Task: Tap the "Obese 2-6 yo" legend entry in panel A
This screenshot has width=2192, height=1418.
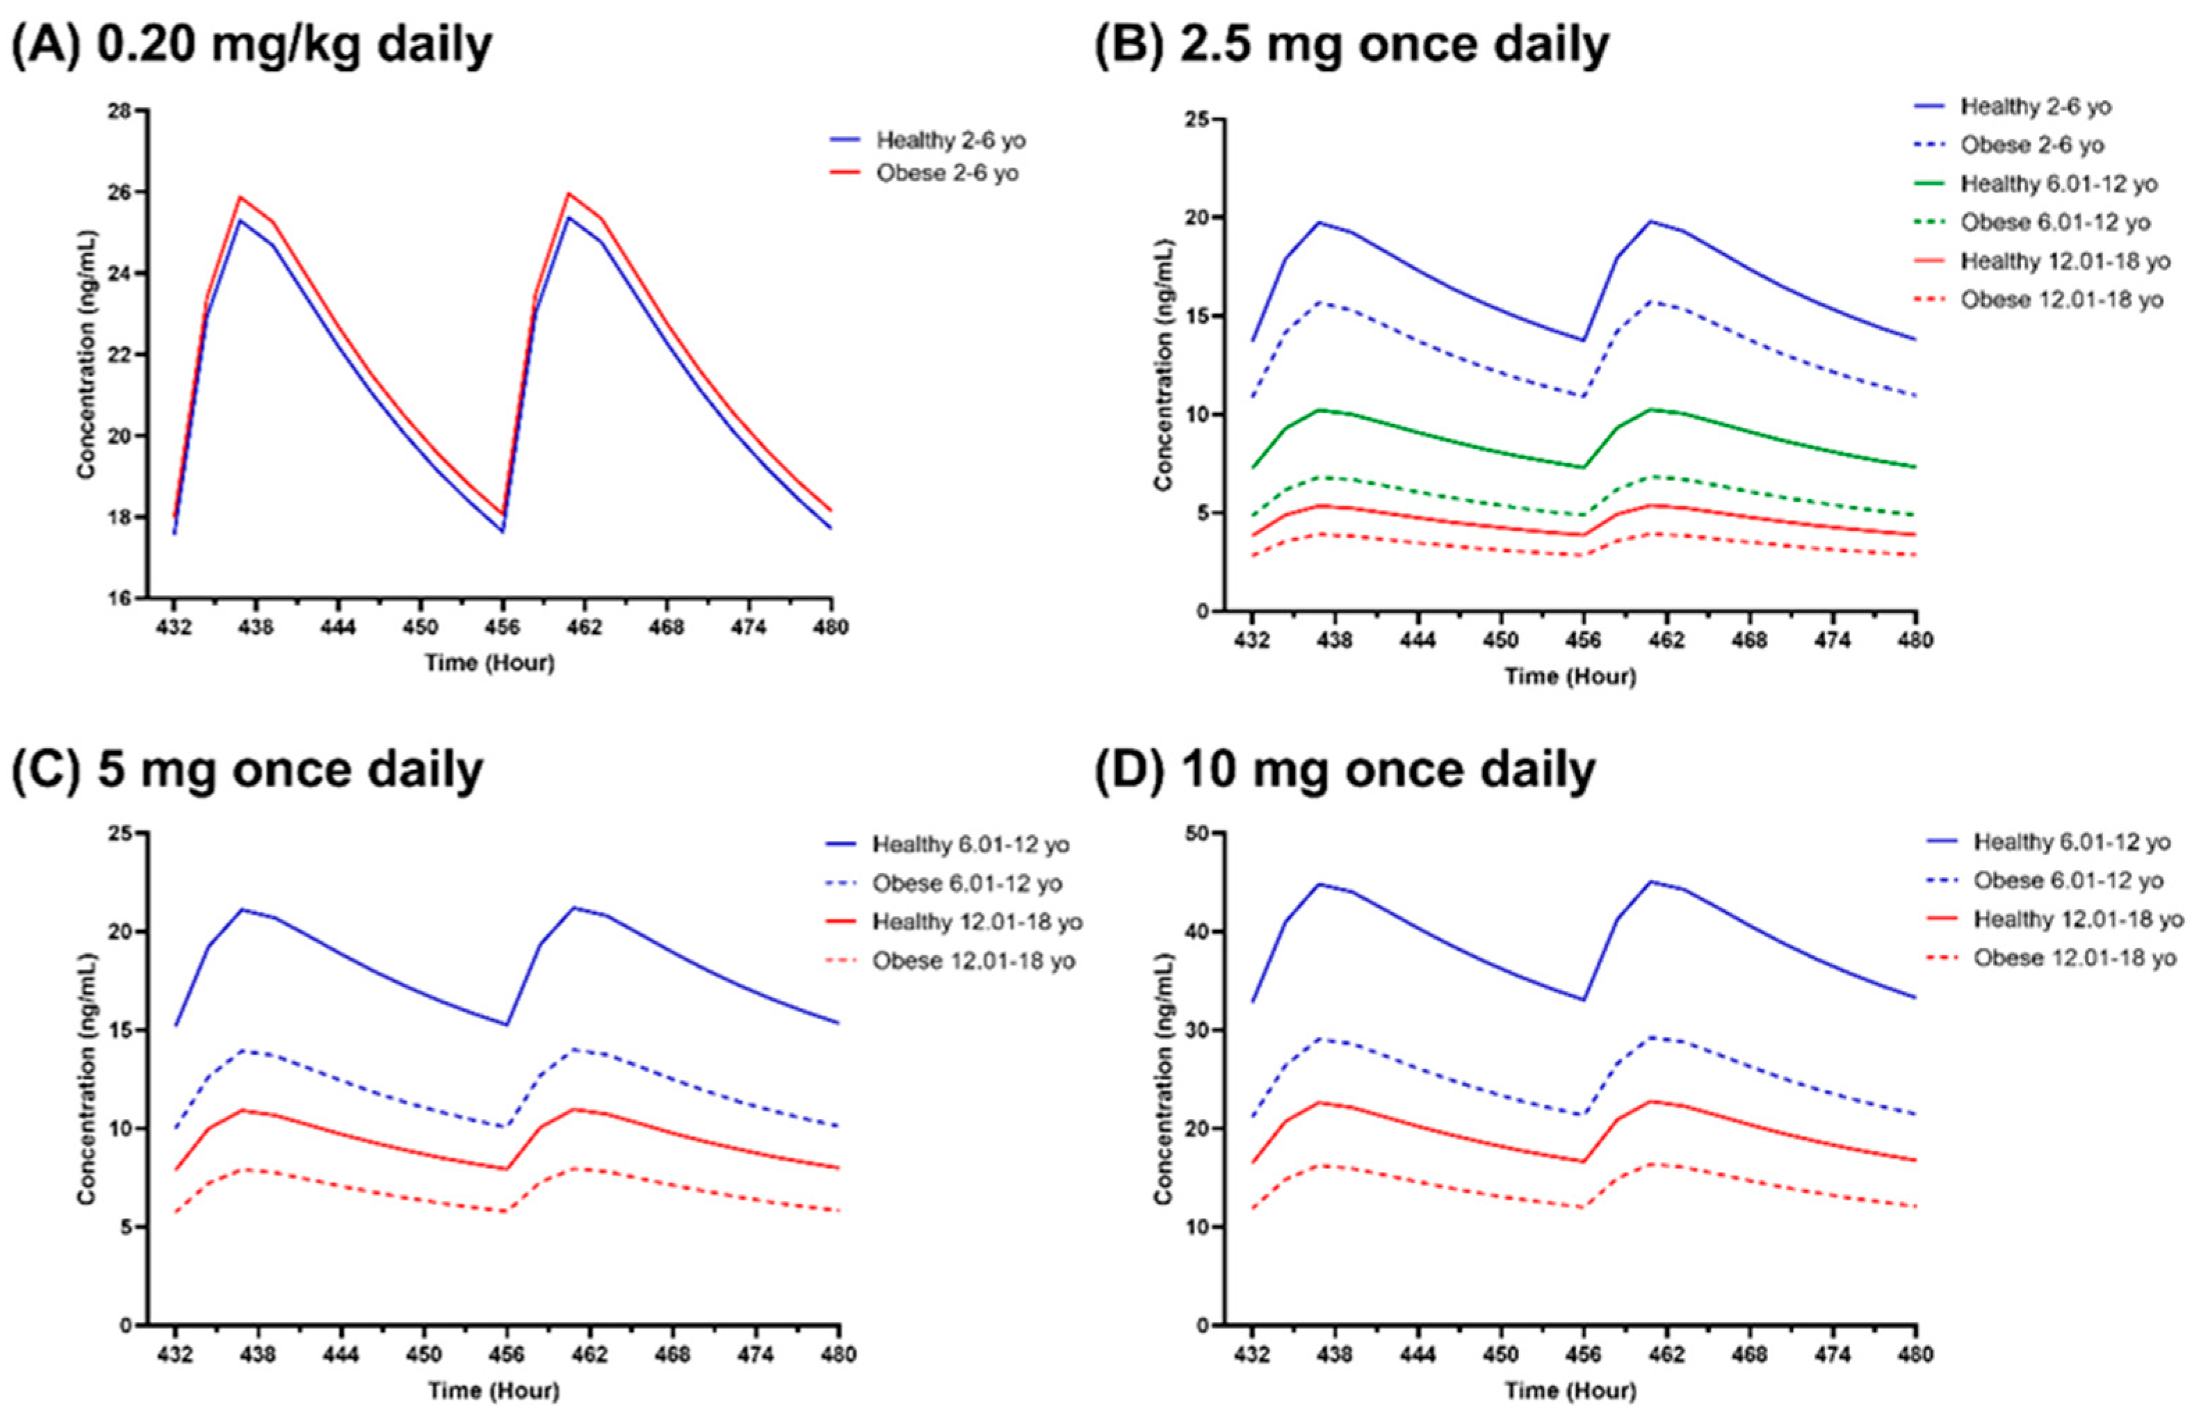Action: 947,173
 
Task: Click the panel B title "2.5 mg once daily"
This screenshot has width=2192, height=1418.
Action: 1393,44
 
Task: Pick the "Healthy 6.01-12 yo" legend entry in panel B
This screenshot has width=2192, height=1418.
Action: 2059,184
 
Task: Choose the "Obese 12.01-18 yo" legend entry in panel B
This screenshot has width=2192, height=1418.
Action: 2061,300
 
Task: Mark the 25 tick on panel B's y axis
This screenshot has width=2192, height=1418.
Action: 1197,120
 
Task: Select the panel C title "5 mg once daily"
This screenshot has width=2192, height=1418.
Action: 290,769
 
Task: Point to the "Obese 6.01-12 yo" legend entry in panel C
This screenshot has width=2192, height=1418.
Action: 967,884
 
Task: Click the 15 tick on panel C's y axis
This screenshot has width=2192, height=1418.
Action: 120,1030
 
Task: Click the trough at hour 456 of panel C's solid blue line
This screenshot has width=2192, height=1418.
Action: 505,1025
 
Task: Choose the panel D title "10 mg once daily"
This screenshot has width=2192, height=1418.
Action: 1386,769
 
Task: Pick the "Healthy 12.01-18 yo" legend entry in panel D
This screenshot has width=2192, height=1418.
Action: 2078,920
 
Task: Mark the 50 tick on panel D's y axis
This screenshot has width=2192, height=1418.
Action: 1197,833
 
